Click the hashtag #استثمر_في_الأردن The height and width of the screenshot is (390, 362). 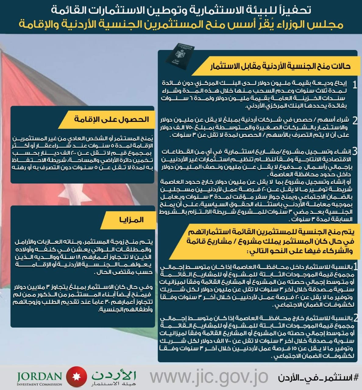(318, 378)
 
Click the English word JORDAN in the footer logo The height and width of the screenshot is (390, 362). (40, 376)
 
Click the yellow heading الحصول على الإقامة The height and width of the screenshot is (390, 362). (112, 119)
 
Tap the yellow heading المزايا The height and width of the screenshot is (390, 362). (132, 219)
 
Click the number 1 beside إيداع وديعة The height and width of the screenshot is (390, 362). (354, 85)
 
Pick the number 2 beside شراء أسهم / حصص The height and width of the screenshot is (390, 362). (355, 120)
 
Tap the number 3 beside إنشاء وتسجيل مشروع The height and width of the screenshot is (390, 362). (355, 151)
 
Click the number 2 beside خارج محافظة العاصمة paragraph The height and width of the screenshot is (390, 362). (355, 318)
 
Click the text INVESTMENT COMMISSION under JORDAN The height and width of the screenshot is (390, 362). (40, 384)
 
